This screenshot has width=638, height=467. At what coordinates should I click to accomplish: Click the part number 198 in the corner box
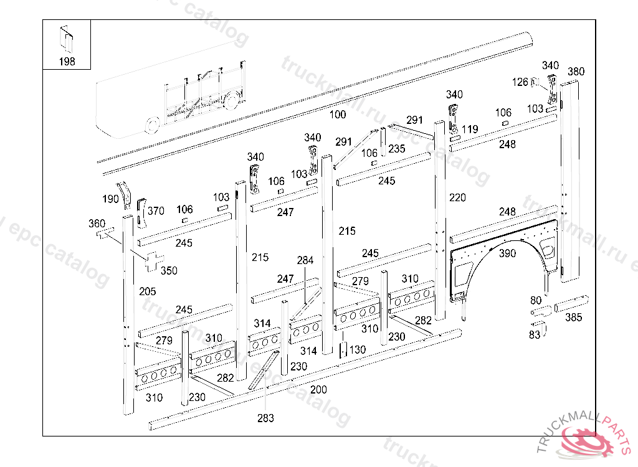pos(67,61)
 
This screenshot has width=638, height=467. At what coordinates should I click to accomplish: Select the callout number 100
pos(337,115)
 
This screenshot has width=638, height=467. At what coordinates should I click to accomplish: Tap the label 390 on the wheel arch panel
pos(507,253)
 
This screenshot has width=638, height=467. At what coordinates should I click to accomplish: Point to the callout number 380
pos(576,72)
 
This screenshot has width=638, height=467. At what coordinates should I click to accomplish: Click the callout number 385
pos(573,318)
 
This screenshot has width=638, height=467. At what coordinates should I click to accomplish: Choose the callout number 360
pos(97,224)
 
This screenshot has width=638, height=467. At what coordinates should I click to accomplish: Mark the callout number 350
pos(169,270)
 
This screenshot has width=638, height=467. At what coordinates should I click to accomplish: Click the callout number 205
pos(148,291)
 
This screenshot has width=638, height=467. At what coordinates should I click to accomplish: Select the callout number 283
pos(265,418)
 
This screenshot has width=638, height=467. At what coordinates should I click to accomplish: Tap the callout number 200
pos(318,389)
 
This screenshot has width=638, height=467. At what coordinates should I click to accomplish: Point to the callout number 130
pos(357,350)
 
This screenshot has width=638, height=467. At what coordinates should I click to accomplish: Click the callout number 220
pos(457,197)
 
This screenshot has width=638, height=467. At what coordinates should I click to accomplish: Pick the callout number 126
pos(520,82)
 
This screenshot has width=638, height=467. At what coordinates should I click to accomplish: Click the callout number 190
pos(111,199)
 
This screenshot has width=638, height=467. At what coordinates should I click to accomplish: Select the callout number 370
pos(156,211)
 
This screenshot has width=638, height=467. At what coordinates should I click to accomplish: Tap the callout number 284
pos(305,260)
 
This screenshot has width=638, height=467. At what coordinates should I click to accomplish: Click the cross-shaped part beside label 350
pos(153,261)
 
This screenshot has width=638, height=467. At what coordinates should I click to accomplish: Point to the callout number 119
pos(470,130)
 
